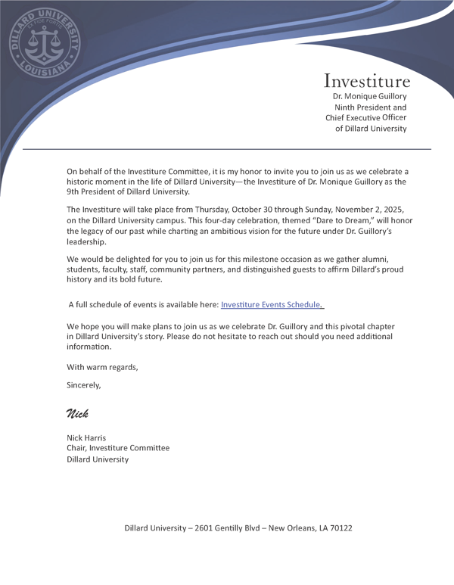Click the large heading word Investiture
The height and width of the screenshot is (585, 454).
click(x=367, y=80)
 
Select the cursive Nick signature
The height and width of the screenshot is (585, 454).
click(x=77, y=413)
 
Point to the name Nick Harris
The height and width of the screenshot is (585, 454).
click(x=86, y=437)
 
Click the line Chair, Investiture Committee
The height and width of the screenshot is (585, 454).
click(x=118, y=448)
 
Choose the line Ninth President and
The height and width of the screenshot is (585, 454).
click(x=371, y=107)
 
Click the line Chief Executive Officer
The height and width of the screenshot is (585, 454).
click(x=366, y=118)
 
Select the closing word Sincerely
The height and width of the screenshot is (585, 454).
click(x=83, y=384)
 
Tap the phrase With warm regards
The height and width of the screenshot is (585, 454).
click(x=102, y=367)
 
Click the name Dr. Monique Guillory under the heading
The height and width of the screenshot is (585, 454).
click(x=369, y=97)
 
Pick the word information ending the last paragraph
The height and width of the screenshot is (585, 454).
click(x=89, y=347)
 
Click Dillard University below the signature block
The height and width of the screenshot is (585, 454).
click(x=98, y=459)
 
